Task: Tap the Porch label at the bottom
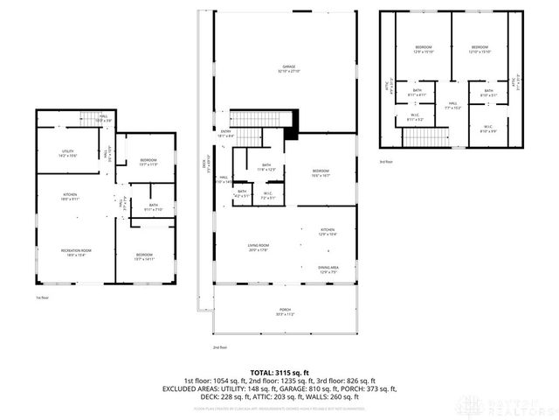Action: [286, 312]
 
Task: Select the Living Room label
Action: [259, 248]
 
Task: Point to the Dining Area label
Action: [328, 269]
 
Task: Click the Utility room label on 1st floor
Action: [67, 153]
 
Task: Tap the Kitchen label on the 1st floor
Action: [70, 198]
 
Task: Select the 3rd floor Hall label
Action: [452, 104]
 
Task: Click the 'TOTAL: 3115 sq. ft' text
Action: [279, 372]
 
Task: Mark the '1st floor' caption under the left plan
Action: [41, 297]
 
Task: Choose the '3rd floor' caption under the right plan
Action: [385, 161]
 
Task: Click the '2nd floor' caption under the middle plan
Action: [220, 347]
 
